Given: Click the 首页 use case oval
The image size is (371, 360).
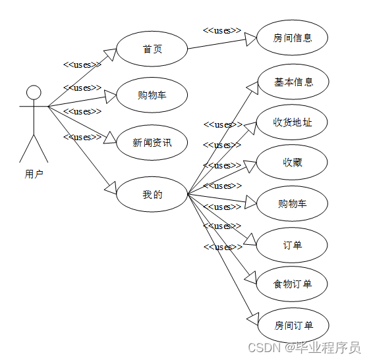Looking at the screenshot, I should (x=152, y=49).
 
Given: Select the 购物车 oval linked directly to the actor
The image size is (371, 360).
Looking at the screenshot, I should (x=152, y=95).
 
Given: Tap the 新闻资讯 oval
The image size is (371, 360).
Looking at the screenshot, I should (x=152, y=141).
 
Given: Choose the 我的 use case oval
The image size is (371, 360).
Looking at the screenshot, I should (x=152, y=194).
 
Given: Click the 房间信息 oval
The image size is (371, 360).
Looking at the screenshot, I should (x=292, y=38).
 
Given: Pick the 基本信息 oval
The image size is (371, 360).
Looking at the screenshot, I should (x=292, y=82).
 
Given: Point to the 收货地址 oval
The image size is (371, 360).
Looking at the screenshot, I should (x=292, y=122).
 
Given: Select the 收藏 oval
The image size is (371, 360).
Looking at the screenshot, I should (x=292, y=162).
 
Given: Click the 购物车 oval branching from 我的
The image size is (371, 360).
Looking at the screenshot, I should (x=292, y=203).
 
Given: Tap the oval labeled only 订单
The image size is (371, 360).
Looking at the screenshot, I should (x=292, y=245).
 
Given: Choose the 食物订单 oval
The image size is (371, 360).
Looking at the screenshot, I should (x=292, y=284).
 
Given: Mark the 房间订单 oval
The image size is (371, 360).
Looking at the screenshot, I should (x=292, y=325).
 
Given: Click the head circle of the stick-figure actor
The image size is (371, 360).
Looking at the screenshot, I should (x=34, y=92).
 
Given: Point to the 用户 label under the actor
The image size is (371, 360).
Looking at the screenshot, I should (x=34, y=174).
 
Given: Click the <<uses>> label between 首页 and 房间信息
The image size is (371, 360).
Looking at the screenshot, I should (x=221, y=30).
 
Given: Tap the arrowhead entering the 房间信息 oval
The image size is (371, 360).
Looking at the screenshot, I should (x=250, y=39).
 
